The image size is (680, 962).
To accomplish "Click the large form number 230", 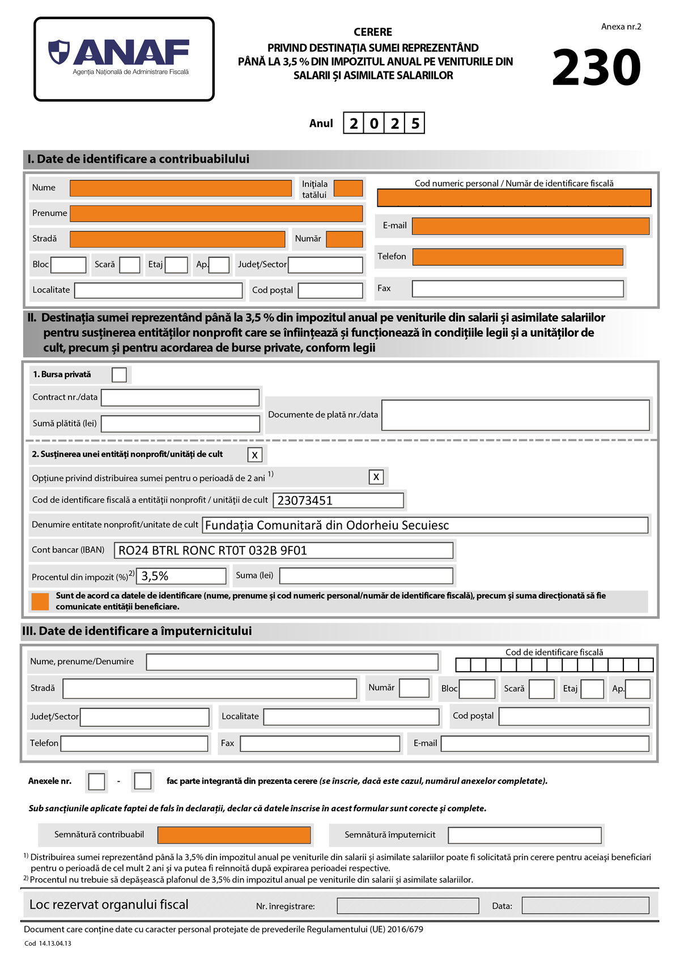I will pyautogui.click(x=596, y=67).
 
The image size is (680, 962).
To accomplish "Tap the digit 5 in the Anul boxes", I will pyautogui.click(x=415, y=124).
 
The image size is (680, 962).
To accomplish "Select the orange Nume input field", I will pyautogui.click(x=180, y=188).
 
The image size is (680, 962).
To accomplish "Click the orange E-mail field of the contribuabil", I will pyautogui.click(x=530, y=226).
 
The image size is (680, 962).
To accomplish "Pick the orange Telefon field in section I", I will pyautogui.click(x=517, y=257).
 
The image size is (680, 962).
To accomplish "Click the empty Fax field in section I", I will pyautogui.click(x=517, y=289).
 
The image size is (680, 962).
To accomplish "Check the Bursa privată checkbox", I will pyautogui.click(x=119, y=375).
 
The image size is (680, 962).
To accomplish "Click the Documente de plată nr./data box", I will pyautogui.click(x=515, y=415).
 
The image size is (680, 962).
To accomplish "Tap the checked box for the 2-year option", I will pyautogui.click(x=376, y=477).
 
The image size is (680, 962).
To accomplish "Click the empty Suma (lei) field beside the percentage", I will pyautogui.click(x=366, y=576).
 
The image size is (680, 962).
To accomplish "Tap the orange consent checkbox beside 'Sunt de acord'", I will pyautogui.click(x=40, y=601).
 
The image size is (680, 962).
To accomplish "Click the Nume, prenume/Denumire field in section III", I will pyautogui.click(x=292, y=662).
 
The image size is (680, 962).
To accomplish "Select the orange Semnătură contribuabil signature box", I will pyautogui.click(x=234, y=835).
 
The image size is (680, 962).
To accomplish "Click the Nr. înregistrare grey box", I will pyautogui.click(x=407, y=906).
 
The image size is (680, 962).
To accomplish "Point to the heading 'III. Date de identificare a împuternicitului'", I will pyautogui.click(x=137, y=631).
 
